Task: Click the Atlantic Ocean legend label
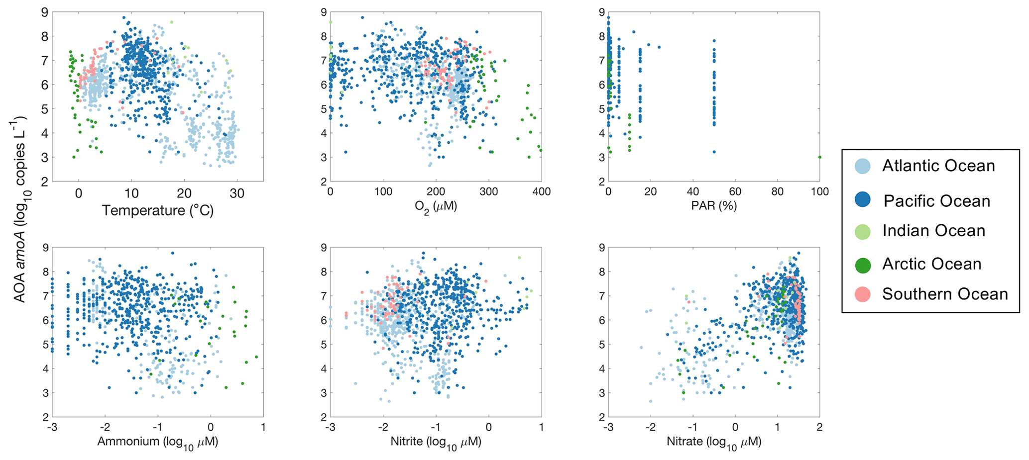[x=938, y=166]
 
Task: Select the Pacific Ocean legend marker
[x=862, y=200]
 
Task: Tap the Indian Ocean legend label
[x=933, y=231]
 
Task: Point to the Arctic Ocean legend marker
[x=862, y=265]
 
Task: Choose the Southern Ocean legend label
[x=944, y=294]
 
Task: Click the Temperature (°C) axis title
[x=158, y=210]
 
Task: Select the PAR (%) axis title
[x=713, y=205]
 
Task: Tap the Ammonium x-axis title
[x=157, y=442]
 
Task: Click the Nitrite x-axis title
[x=436, y=442]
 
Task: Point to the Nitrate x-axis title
[x=713, y=442]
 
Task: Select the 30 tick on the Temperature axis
[x=237, y=193]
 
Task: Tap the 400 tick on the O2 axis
[x=541, y=192]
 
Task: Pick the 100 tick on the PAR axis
[x=819, y=192]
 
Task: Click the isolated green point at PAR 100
[x=819, y=157]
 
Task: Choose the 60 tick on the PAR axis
[x=735, y=192]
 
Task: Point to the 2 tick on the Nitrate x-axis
[x=819, y=427]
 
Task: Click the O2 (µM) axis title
[x=436, y=206]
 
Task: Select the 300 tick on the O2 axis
[x=488, y=192]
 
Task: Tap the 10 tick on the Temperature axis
[x=131, y=193]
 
